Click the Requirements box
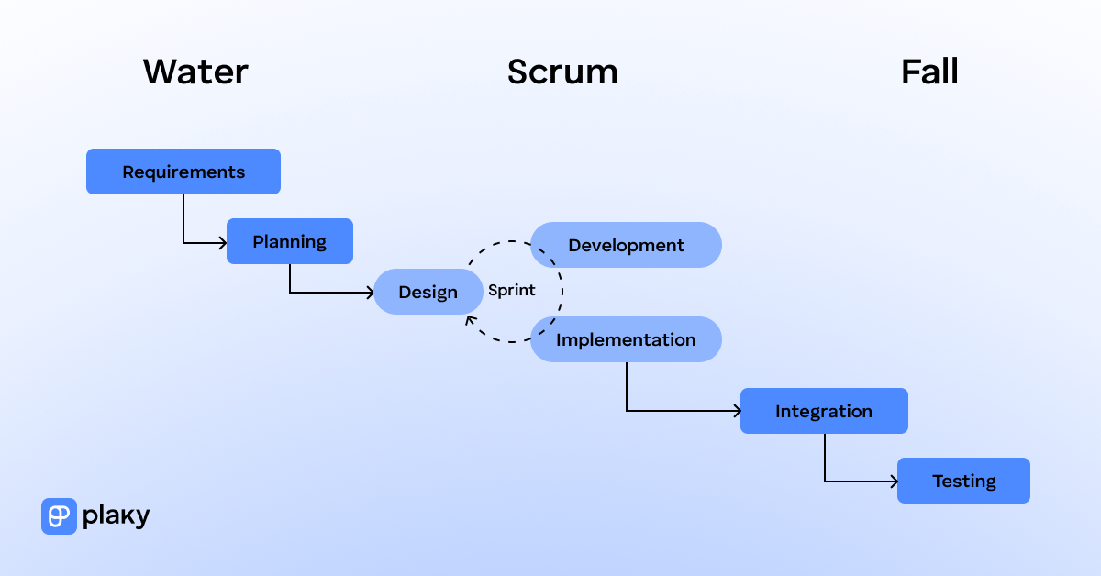pyautogui.click(x=183, y=172)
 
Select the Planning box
pyautogui.click(x=290, y=241)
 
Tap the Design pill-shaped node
pyautogui.click(x=428, y=292)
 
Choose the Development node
pyautogui.click(x=627, y=245)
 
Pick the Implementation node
pyautogui.click(x=627, y=339)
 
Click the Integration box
pyautogui.click(x=824, y=411)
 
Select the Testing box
pyautogui.click(x=963, y=481)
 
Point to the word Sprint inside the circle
pyautogui.click(x=511, y=291)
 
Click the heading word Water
pyautogui.click(x=195, y=72)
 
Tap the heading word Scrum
pyautogui.click(x=562, y=72)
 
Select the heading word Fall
pyautogui.click(x=929, y=72)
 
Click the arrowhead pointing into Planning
pyautogui.click(x=222, y=243)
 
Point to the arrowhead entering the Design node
pyautogui.click(x=369, y=293)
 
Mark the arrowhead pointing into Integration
pyautogui.click(x=736, y=411)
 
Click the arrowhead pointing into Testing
pyautogui.click(x=893, y=481)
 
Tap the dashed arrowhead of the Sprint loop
pyautogui.click(x=470, y=319)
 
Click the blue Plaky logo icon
pyautogui.click(x=59, y=516)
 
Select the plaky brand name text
pyautogui.click(x=116, y=516)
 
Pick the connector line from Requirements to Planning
pyautogui.click(x=183, y=220)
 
